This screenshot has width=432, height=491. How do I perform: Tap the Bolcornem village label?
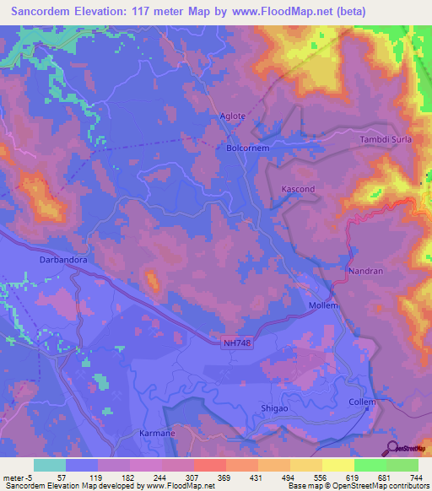pyautogui.click(x=247, y=148)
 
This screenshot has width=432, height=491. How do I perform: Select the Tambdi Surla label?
pyautogui.click(x=386, y=139)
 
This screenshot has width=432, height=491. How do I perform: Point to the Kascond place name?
pyautogui.click(x=298, y=189)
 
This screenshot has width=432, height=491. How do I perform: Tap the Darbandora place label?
pyautogui.click(x=63, y=261)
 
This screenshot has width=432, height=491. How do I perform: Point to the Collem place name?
pyautogui.click(x=362, y=402)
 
